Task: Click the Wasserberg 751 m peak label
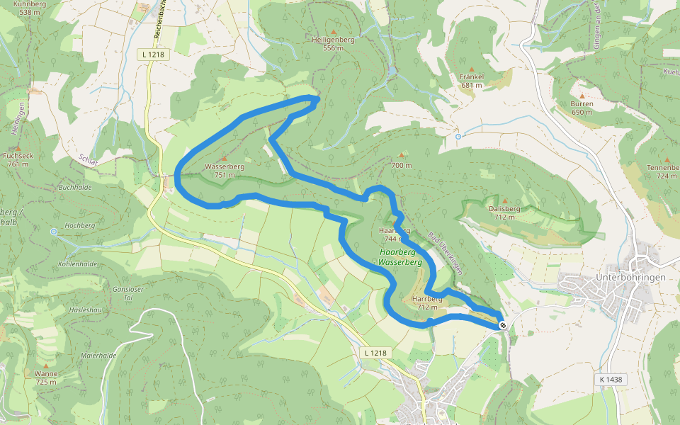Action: [x=225, y=170]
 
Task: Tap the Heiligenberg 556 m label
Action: [x=333, y=44]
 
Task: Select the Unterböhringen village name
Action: [x=630, y=277]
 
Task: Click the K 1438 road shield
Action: [x=610, y=380]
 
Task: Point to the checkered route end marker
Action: [x=502, y=325]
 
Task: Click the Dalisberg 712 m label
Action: [x=504, y=212]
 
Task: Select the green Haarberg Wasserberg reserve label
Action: [x=400, y=257]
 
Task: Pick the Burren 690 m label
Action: [x=582, y=108]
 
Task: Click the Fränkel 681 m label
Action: [x=471, y=80]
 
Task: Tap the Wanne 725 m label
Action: [x=45, y=378]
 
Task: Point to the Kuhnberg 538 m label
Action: [x=29, y=8]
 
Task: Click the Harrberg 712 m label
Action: [x=427, y=303]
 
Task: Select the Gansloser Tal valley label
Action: [x=128, y=293]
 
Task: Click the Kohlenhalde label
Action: [x=77, y=263]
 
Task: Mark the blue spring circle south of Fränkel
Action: [x=458, y=136]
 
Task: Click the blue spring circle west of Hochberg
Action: [x=54, y=232]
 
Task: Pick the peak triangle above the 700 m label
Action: [x=402, y=154]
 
